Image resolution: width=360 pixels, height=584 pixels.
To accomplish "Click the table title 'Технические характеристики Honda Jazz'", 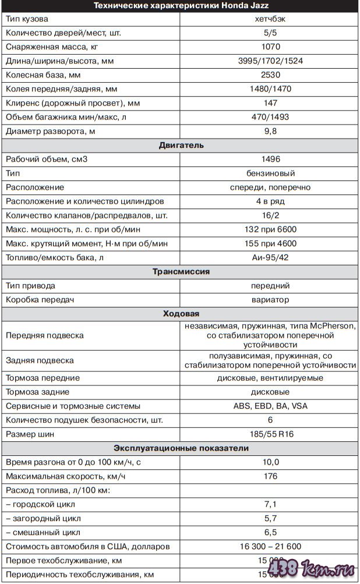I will click(x=180, y=6).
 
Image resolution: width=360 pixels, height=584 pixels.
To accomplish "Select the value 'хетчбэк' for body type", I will click(x=270, y=19).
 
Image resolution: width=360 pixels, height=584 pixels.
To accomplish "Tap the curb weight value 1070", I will click(x=270, y=47).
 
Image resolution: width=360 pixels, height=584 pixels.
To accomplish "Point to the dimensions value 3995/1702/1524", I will click(x=270, y=61).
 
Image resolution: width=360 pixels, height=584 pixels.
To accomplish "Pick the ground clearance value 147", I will click(x=270, y=103).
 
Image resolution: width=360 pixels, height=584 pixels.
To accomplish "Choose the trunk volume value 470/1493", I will click(x=270, y=117).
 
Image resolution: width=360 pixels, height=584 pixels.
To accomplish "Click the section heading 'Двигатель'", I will click(x=180, y=145).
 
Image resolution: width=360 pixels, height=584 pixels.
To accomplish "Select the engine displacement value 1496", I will click(x=270, y=159).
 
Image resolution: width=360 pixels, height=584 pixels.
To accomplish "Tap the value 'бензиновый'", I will click(x=270, y=173).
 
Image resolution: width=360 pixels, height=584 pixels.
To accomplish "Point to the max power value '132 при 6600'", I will click(x=270, y=229).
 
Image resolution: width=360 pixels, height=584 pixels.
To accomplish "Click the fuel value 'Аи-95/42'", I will click(x=270, y=257).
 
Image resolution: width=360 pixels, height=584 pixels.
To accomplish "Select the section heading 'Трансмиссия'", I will click(x=180, y=271).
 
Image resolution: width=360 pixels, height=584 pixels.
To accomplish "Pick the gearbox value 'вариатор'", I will click(x=270, y=300).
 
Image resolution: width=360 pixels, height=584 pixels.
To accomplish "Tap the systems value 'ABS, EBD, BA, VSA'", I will click(x=270, y=406).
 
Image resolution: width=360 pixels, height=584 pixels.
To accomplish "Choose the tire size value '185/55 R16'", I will click(x=270, y=434).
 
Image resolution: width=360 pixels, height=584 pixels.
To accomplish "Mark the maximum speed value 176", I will click(x=270, y=476).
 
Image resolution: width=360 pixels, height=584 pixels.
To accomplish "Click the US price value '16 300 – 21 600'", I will click(x=270, y=547).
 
